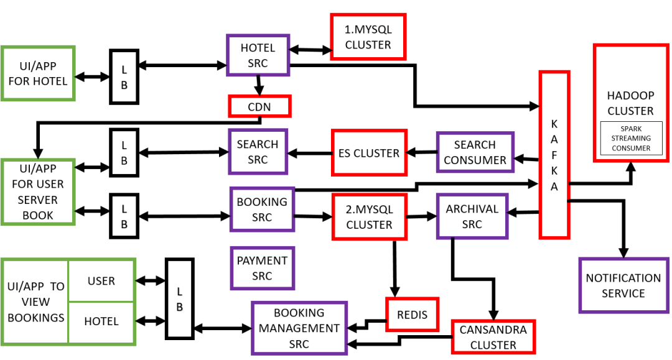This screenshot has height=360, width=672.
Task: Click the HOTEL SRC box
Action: pyautogui.click(x=258, y=55)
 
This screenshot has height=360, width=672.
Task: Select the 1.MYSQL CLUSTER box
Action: pyautogui.click(x=368, y=37)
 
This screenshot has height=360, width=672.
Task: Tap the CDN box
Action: pyautogui.click(x=259, y=106)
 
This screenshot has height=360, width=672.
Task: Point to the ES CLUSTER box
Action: pyautogui.click(x=369, y=153)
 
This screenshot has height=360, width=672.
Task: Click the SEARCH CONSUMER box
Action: pyautogui.click(x=475, y=152)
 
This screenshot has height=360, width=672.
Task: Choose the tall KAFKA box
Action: pyautogui.click(x=554, y=155)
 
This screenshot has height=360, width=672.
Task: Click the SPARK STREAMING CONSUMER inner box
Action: pyautogui.click(x=631, y=138)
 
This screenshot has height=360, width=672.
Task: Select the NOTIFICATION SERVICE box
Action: pyautogui.click(x=623, y=285)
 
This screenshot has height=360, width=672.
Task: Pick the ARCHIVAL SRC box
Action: pyautogui.click(x=472, y=216)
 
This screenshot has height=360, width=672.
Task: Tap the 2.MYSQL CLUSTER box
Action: pyautogui.click(x=369, y=216)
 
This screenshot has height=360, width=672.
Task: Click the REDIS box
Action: pyautogui.click(x=413, y=315)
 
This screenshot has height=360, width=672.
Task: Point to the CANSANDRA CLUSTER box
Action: pyautogui.click(x=493, y=337)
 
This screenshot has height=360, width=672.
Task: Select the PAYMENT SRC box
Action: pyautogui.click(x=263, y=269)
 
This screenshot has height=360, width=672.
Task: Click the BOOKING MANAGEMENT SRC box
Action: pyautogui.click(x=299, y=328)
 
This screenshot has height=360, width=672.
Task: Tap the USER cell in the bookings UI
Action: pyautogui.click(x=101, y=281)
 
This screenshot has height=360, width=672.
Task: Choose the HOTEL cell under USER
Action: pyautogui.click(x=101, y=321)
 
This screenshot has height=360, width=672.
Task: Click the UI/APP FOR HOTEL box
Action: pyautogui.click(x=38, y=73)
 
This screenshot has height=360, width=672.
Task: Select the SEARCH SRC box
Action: pyautogui.click(x=258, y=152)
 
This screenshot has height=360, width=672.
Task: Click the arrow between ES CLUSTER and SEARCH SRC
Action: pyautogui.click(x=309, y=153)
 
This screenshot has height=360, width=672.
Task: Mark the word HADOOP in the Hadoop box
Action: pyautogui.click(x=630, y=96)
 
